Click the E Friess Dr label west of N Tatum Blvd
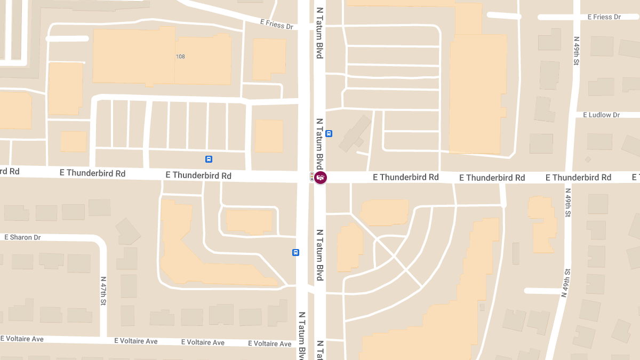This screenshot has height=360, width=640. pos(277,24)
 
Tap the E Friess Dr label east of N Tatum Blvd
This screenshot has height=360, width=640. pos(604,17)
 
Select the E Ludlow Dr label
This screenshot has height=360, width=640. pos(601,115)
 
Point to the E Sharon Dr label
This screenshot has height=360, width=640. pos(22,237)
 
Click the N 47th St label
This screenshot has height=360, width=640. pos(103,291)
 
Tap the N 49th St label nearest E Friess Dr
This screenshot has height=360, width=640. pos(577,51)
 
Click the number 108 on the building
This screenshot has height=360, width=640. pos(180,57)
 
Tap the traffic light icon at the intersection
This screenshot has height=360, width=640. pos(312,177)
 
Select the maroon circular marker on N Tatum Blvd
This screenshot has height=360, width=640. pos(321,177)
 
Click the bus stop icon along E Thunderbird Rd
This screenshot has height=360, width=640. pos(209,159)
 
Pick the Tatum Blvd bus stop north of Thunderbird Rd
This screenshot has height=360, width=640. pos(329,133)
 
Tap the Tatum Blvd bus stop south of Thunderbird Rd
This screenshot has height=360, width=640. pos(295,252)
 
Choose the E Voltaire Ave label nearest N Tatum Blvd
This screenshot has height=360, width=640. pos(270,343)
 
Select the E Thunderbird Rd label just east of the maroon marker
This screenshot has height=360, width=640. pos(405,177)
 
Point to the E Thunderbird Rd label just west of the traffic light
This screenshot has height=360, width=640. pos(198,175)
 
